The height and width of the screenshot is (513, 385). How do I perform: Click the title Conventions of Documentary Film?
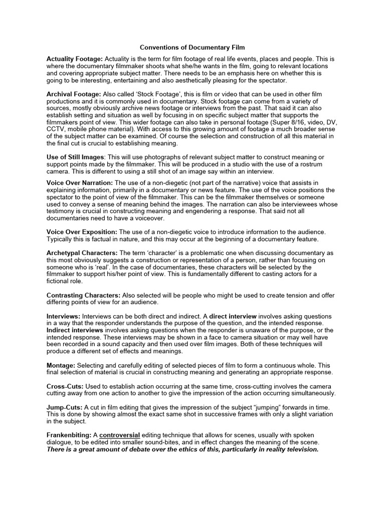tap(192, 48)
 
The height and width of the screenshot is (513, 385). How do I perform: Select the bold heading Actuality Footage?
tap(74, 59)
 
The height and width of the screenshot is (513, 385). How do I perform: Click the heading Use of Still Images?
tap(76, 158)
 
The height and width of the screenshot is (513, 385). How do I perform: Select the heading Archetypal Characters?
tap(82, 253)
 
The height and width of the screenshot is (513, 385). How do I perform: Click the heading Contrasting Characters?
tap(83, 296)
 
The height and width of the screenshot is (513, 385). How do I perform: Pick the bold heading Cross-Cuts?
tap(65, 386)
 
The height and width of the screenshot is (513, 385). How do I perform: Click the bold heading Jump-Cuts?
tap(65, 407)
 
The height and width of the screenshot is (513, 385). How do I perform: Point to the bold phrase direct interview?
tap(233, 317)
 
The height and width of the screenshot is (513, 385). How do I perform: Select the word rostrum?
tap(312, 165)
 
